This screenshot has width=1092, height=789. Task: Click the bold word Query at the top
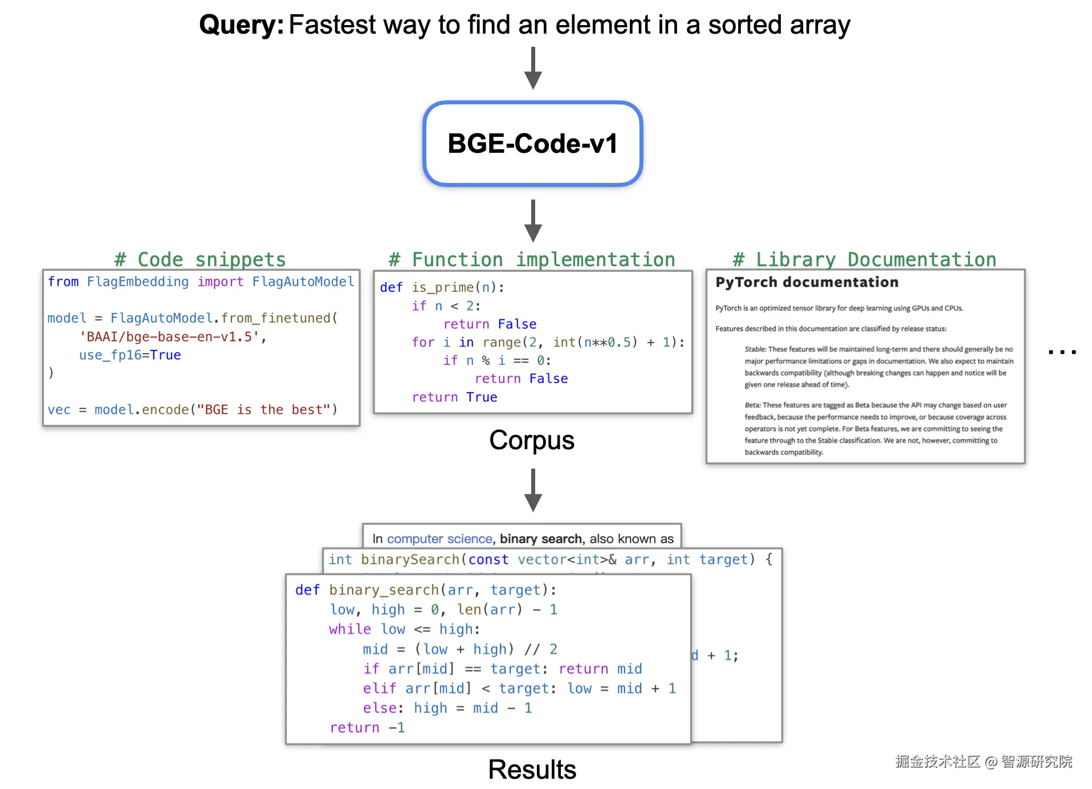(x=241, y=25)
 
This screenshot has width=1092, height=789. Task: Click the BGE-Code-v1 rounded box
(x=532, y=144)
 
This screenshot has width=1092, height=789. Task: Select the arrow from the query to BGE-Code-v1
(x=533, y=68)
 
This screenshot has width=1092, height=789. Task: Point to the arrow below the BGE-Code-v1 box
(x=533, y=221)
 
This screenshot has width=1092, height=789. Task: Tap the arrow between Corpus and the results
(x=533, y=490)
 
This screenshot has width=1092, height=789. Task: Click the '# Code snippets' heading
(x=200, y=259)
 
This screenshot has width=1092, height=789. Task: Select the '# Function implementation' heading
(x=532, y=259)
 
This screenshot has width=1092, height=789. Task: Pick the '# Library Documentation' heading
(x=864, y=259)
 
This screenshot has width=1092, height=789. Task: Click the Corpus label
(x=532, y=440)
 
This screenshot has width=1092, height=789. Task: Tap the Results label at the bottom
(x=532, y=770)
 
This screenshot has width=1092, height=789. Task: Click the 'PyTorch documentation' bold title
(x=806, y=282)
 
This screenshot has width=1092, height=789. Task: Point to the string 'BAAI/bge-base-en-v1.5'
(x=169, y=337)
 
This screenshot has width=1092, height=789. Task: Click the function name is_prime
(x=443, y=287)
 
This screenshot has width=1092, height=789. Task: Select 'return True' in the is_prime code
(x=454, y=397)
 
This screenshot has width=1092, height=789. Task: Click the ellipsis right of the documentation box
(x=1062, y=352)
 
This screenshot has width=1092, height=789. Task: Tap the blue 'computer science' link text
(x=439, y=539)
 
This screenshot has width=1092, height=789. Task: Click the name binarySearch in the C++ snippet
(x=410, y=560)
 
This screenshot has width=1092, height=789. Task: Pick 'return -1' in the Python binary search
(x=367, y=728)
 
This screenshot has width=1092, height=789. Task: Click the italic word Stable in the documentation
(x=755, y=349)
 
